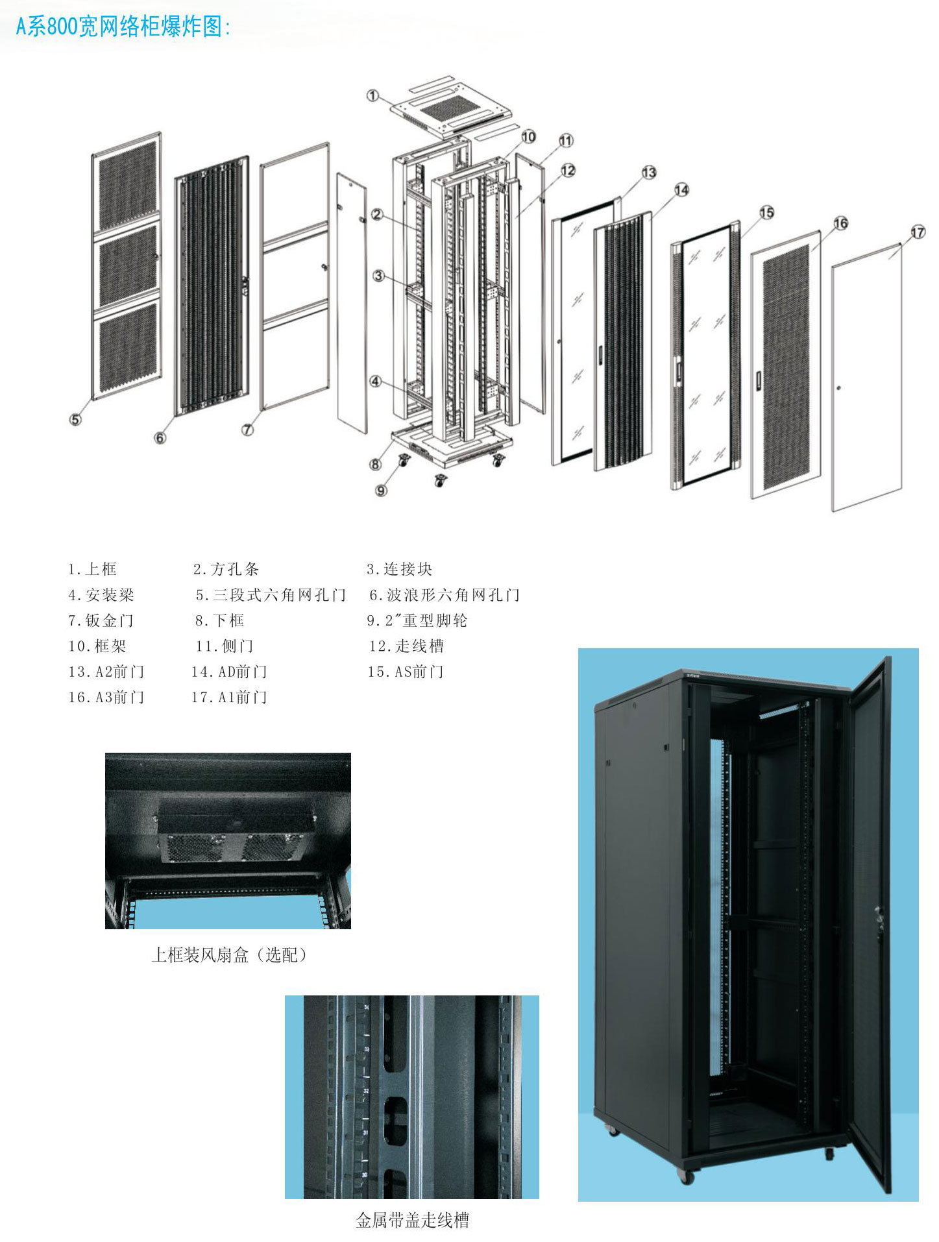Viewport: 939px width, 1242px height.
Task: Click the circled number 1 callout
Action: pyautogui.click(x=372, y=96)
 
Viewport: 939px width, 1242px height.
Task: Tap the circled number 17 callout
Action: pyautogui.click(x=918, y=232)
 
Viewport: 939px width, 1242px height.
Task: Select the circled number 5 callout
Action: pyautogui.click(x=75, y=419)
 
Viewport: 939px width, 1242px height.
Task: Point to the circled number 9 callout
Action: pyautogui.click(x=381, y=490)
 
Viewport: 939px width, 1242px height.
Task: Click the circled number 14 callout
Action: pyautogui.click(x=681, y=190)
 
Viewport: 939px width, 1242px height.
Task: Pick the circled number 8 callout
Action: pyautogui.click(x=376, y=464)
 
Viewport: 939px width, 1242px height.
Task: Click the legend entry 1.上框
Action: pyautogui.click(x=92, y=570)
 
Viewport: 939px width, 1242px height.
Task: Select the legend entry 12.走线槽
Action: pyautogui.click(x=406, y=646)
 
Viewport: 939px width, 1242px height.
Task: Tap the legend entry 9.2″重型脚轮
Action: pyautogui.click(x=417, y=621)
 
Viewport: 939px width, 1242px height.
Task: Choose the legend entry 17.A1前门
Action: pyautogui.click(x=229, y=698)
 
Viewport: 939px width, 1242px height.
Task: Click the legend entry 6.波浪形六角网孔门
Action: pyautogui.click(x=445, y=595)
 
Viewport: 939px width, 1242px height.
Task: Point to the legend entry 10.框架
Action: pyautogui.click(x=97, y=646)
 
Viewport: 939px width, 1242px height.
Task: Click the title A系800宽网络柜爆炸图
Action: pyautogui.click(x=123, y=27)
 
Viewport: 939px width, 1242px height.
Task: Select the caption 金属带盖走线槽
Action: pyautogui.click(x=412, y=1221)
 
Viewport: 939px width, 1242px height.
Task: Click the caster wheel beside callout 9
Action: pyautogui.click(x=404, y=462)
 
